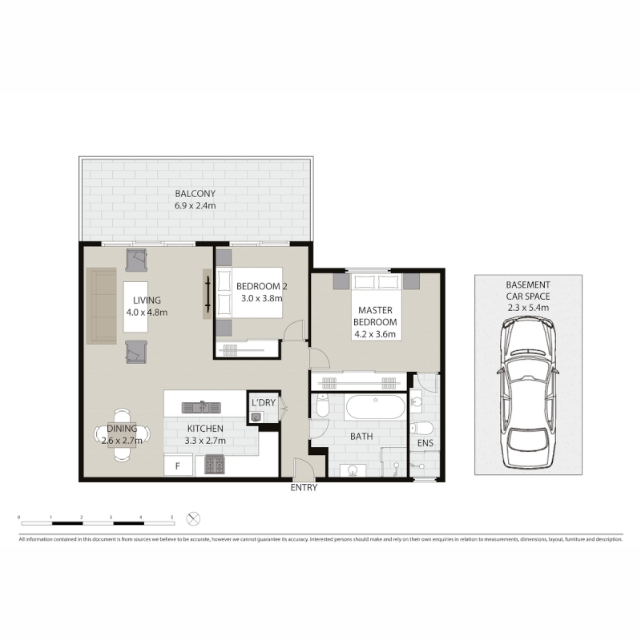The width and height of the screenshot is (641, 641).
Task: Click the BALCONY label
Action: (x=195, y=193)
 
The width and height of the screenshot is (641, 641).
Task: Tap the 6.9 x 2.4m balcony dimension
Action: (x=195, y=206)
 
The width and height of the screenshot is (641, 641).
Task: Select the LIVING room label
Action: (x=147, y=300)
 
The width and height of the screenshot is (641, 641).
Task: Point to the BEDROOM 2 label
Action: (x=262, y=286)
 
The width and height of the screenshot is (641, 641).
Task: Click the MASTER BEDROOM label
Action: (x=375, y=316)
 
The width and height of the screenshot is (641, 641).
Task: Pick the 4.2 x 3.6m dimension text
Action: (x=375, y=334)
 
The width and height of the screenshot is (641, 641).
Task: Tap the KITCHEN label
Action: (x=205, y=429)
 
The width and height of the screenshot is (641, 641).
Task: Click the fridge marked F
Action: (x=178, y=466)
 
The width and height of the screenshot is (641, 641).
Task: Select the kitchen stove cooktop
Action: (x=215, y=466)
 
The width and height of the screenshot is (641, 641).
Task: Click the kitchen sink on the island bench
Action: (x=201, y=407)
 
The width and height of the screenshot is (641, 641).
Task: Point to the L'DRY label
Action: (x=264, y=403)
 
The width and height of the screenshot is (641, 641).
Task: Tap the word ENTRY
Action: (x=304, y=487)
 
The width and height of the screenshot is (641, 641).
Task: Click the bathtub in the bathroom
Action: (x=375, y=407)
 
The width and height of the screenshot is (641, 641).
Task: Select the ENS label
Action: (x=425, y=443)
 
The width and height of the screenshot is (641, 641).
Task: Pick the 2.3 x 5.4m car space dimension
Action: (x=528, y=308)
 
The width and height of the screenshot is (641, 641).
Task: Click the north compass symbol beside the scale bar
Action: (x=193, y=519)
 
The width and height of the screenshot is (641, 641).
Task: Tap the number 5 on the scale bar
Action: (x=172, y=518)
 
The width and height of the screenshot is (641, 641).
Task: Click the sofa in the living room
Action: (x=102, y=306)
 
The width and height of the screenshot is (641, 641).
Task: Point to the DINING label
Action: (x=122, y=429)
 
